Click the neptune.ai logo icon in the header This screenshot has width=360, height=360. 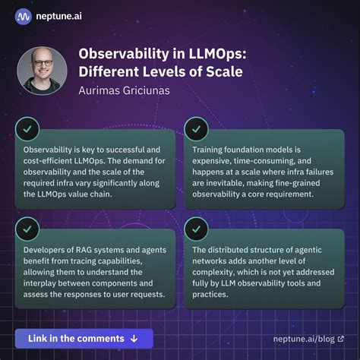click(24, 17)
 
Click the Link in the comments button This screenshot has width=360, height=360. click(84, 338)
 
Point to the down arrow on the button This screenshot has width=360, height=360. click(134, 338)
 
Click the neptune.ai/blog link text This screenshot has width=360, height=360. click(304, 339)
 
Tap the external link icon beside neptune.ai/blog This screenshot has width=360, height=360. click(339, 339)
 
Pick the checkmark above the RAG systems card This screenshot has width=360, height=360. click(27, 227)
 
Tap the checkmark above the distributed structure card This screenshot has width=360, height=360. click(196, 227)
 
